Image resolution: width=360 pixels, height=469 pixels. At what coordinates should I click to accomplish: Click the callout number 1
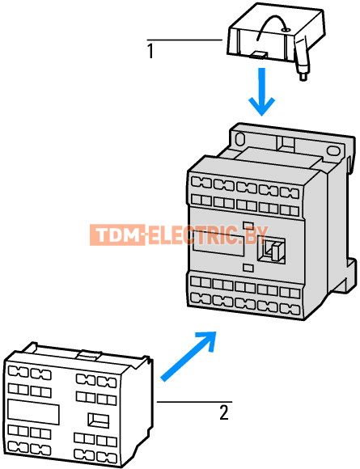150,51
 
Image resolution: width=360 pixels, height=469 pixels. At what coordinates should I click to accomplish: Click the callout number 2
224,412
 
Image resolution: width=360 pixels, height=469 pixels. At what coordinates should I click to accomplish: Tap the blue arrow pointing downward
262,92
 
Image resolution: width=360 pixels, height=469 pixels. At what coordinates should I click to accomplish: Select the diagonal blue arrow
188,356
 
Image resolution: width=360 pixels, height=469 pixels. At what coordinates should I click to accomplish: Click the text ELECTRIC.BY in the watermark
206,235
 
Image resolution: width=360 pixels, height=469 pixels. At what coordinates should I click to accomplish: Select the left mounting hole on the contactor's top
240,139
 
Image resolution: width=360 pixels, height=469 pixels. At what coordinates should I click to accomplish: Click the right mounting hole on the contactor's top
332,150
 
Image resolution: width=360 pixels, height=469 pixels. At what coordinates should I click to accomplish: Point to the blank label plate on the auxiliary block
33,412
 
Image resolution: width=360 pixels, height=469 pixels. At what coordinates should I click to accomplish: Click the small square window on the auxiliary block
99,420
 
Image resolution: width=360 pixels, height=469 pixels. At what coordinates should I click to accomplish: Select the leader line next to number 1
184,40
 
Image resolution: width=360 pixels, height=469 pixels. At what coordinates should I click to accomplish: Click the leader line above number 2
194,402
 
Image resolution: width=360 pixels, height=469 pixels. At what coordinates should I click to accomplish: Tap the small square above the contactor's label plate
248,226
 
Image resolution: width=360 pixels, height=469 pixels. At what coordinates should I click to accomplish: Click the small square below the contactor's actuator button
248,268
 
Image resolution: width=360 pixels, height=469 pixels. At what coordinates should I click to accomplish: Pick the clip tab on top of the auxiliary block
88,354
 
